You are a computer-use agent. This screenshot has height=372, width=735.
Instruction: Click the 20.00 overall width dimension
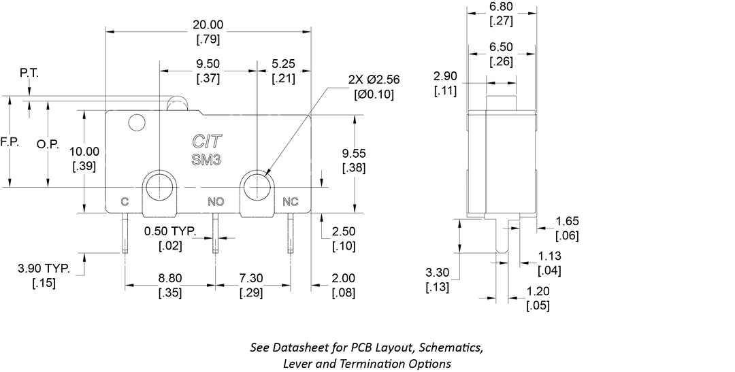208,25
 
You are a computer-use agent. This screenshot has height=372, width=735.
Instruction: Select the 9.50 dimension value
208,63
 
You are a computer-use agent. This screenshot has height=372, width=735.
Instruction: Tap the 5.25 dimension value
282,63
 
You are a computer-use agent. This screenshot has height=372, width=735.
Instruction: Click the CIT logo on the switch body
208,142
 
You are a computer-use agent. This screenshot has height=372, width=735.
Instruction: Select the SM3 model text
208,158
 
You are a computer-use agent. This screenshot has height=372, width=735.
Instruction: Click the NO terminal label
216,201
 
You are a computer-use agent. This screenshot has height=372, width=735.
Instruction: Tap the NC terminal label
291,201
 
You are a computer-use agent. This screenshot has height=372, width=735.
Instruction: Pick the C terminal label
125,201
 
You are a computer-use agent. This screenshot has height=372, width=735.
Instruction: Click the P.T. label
29,73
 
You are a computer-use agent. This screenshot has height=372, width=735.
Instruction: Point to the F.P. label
10,143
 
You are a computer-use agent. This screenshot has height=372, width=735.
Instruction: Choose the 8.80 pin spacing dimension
170,279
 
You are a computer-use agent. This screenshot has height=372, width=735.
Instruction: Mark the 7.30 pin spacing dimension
251,279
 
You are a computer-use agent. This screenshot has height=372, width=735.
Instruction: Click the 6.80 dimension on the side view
502,7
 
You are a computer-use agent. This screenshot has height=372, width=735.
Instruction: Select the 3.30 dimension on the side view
438,273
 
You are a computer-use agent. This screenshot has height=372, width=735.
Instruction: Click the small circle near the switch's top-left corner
137,123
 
